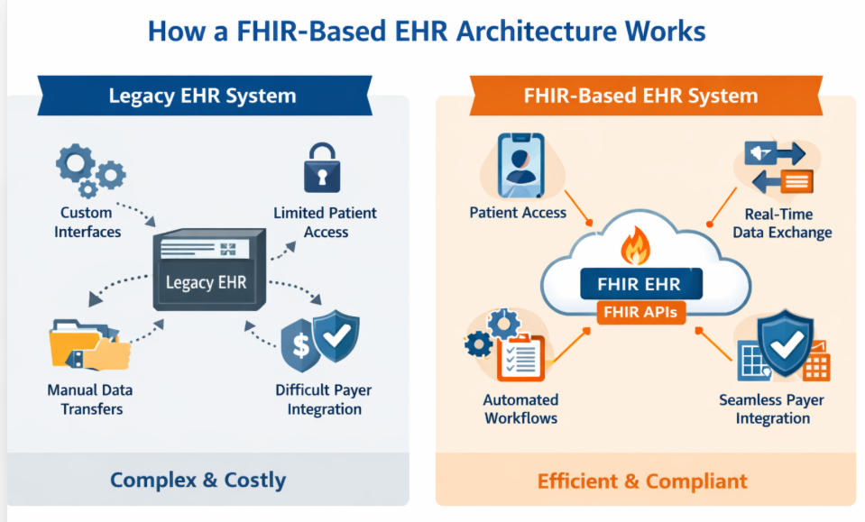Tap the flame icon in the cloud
click(x=637, y=245)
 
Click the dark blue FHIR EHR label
click(x=638, y=285)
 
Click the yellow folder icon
click(x=88, y=344)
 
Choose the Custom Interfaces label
click(x=87, y=222)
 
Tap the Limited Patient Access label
click(x=325, y=222)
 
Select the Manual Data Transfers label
click(x=91, y=399)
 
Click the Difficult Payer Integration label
click(x=324, y=399)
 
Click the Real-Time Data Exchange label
click(x=781, y=223)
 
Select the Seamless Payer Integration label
click(x=771, y=408)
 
